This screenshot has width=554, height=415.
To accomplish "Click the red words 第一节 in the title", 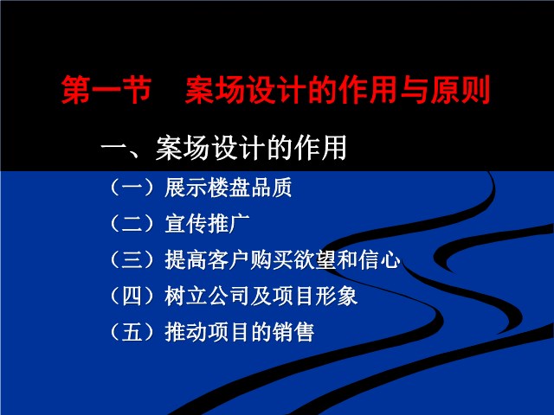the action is [106, 90].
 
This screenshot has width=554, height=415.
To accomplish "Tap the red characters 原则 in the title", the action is [461, 90].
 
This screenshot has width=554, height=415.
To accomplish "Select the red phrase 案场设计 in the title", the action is [246, 90].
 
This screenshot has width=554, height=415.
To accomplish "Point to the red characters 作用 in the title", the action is [368, 90].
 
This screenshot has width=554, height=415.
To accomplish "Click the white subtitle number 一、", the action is [126, 148].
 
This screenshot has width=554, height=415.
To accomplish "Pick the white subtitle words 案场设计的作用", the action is [251, 148].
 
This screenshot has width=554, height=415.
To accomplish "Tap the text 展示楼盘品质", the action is [229, 188].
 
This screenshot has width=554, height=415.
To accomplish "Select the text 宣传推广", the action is [207, 224].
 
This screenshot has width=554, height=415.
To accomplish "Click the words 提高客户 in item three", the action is [207, 259].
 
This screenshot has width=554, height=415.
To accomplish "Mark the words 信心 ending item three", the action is [379, 259].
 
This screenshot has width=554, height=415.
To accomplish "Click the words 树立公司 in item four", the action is [207, 296].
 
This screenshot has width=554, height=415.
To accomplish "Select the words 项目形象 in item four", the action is [315, 296].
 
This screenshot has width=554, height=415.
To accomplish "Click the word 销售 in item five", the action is [293, 332].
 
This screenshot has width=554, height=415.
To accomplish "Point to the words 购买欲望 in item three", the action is [293, 259].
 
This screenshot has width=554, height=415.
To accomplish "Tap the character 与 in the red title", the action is [414, 90].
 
